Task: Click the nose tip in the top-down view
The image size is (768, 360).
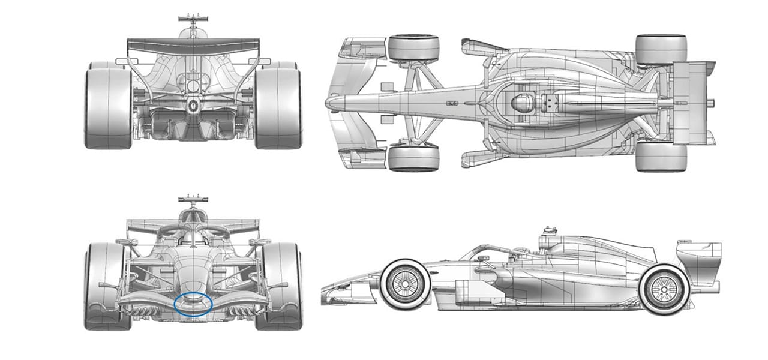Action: [x=329, y=103]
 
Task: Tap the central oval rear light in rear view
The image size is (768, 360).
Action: [x=193, y=107]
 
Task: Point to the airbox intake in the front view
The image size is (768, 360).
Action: [x=193, y=216]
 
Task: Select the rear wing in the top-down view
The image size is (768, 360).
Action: [x=690, y=103]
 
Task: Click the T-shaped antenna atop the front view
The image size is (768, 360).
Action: [x=193, y=197]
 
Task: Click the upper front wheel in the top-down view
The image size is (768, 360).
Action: [x=413, y=48]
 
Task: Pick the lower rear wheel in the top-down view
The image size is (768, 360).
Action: [x=661, y=156]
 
